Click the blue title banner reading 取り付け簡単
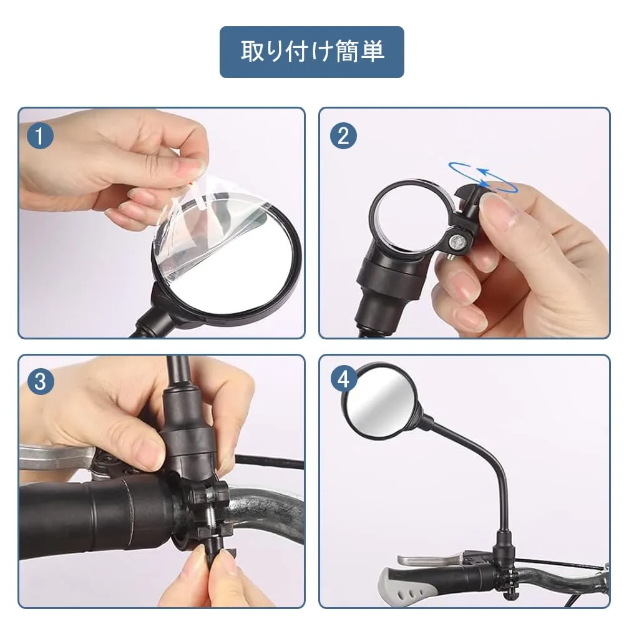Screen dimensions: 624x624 (311, 52)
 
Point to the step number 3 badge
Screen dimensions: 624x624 (40, 381)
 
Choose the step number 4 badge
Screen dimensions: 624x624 (343, 379)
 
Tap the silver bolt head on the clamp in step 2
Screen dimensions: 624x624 (456, 241)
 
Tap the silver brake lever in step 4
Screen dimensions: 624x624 (434, 559)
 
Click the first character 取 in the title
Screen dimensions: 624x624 (251, 51)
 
